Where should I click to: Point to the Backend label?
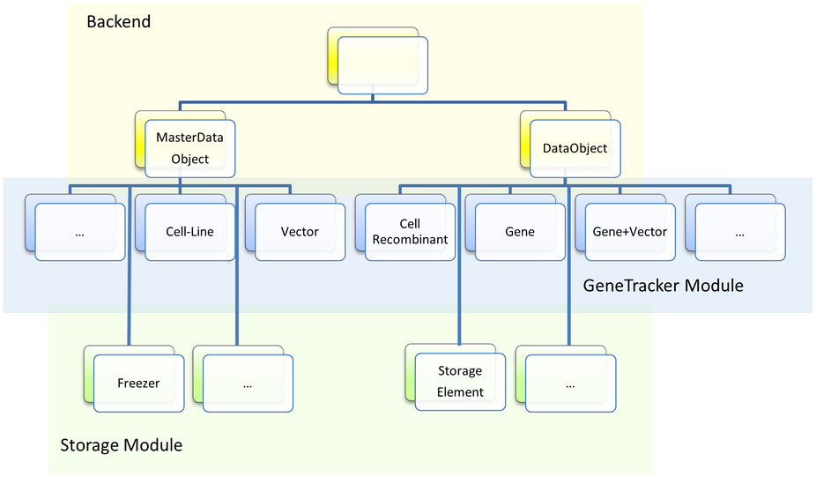pyautogui.click(x=119, y=21)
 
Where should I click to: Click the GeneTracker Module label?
pyautogui.click(x=663, y=286)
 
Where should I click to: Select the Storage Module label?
pyautogui.click(x=122, y=445)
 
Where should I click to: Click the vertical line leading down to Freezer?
pyautogui.click(x=129, y=265)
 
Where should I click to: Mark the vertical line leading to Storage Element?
pyautogui.click(x=459, y=265)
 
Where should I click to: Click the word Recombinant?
pyautogui.click(x=410, y=240)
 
